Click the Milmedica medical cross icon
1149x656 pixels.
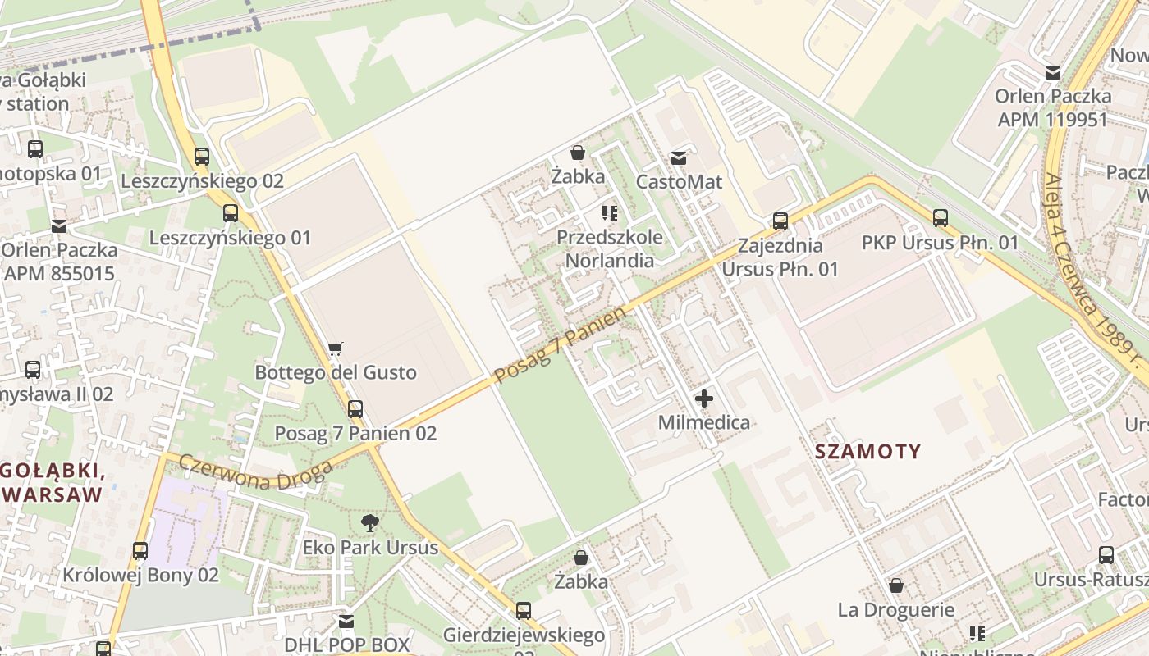tap(704, 399)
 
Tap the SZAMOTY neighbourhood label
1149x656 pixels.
tap(868, 451)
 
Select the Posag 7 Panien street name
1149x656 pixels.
tap(561, 345)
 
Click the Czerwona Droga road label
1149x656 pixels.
tap(255, 471)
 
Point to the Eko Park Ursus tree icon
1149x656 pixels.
tap(370, 522)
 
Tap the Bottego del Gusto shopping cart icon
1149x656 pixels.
tap(335, 349)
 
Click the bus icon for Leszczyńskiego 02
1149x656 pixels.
tap(202, 156)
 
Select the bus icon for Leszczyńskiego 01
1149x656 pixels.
tap(231, 213)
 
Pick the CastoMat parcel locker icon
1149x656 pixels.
tap(679, 157)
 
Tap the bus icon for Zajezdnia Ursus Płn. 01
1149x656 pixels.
tap(780, 221)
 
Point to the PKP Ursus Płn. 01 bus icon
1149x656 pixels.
tap(940, 218)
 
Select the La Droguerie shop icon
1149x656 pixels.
tap(896, 585)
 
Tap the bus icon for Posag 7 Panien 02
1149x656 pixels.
tap(355, 408)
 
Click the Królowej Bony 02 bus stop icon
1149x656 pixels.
tap(140, 550)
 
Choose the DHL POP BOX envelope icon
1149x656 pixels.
tap(346, 622)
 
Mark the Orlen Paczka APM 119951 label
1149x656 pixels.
tap(1053, 107)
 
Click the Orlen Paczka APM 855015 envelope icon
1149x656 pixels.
tap(59, 225)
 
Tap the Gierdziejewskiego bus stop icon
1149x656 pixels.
tap(524, 611)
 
